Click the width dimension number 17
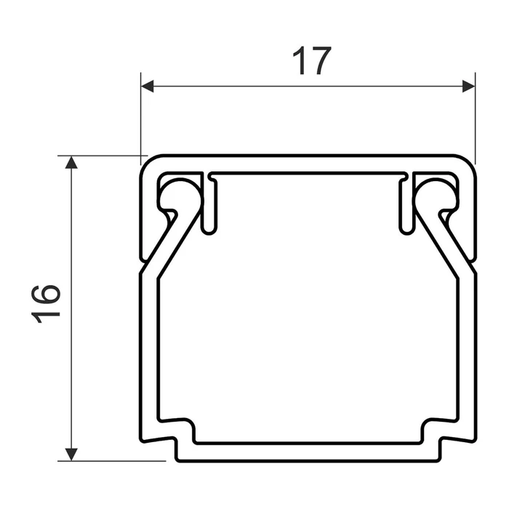coord(312,62)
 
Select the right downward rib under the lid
coord(406,207)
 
